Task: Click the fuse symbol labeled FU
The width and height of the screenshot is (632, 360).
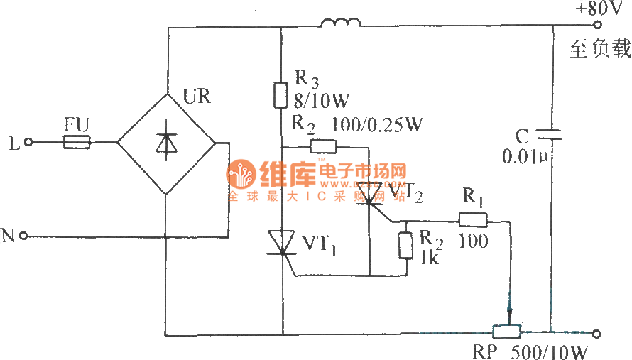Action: tap(77, 143)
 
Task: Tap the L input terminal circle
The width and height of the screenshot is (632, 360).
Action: tap(29, 143)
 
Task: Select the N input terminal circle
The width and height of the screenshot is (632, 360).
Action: tap(24, 235)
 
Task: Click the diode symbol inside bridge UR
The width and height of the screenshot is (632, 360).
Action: tap(165, 143)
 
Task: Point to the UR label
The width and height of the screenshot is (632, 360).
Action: tap(196, 97)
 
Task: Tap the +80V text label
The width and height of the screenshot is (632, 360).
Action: tap(598, 9)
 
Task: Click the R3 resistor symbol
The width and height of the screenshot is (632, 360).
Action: tap(281, 93)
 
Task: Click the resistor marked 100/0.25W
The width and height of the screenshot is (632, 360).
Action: tap(323, 147)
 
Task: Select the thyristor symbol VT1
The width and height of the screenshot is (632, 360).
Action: tap(281, 242)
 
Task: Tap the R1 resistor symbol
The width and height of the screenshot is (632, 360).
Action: tap(472, 220)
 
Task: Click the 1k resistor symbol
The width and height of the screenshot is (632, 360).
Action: tap(405, 245)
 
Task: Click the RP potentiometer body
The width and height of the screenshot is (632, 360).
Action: tap(508, 332)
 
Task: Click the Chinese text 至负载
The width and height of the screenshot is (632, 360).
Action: tap(599, 50)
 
